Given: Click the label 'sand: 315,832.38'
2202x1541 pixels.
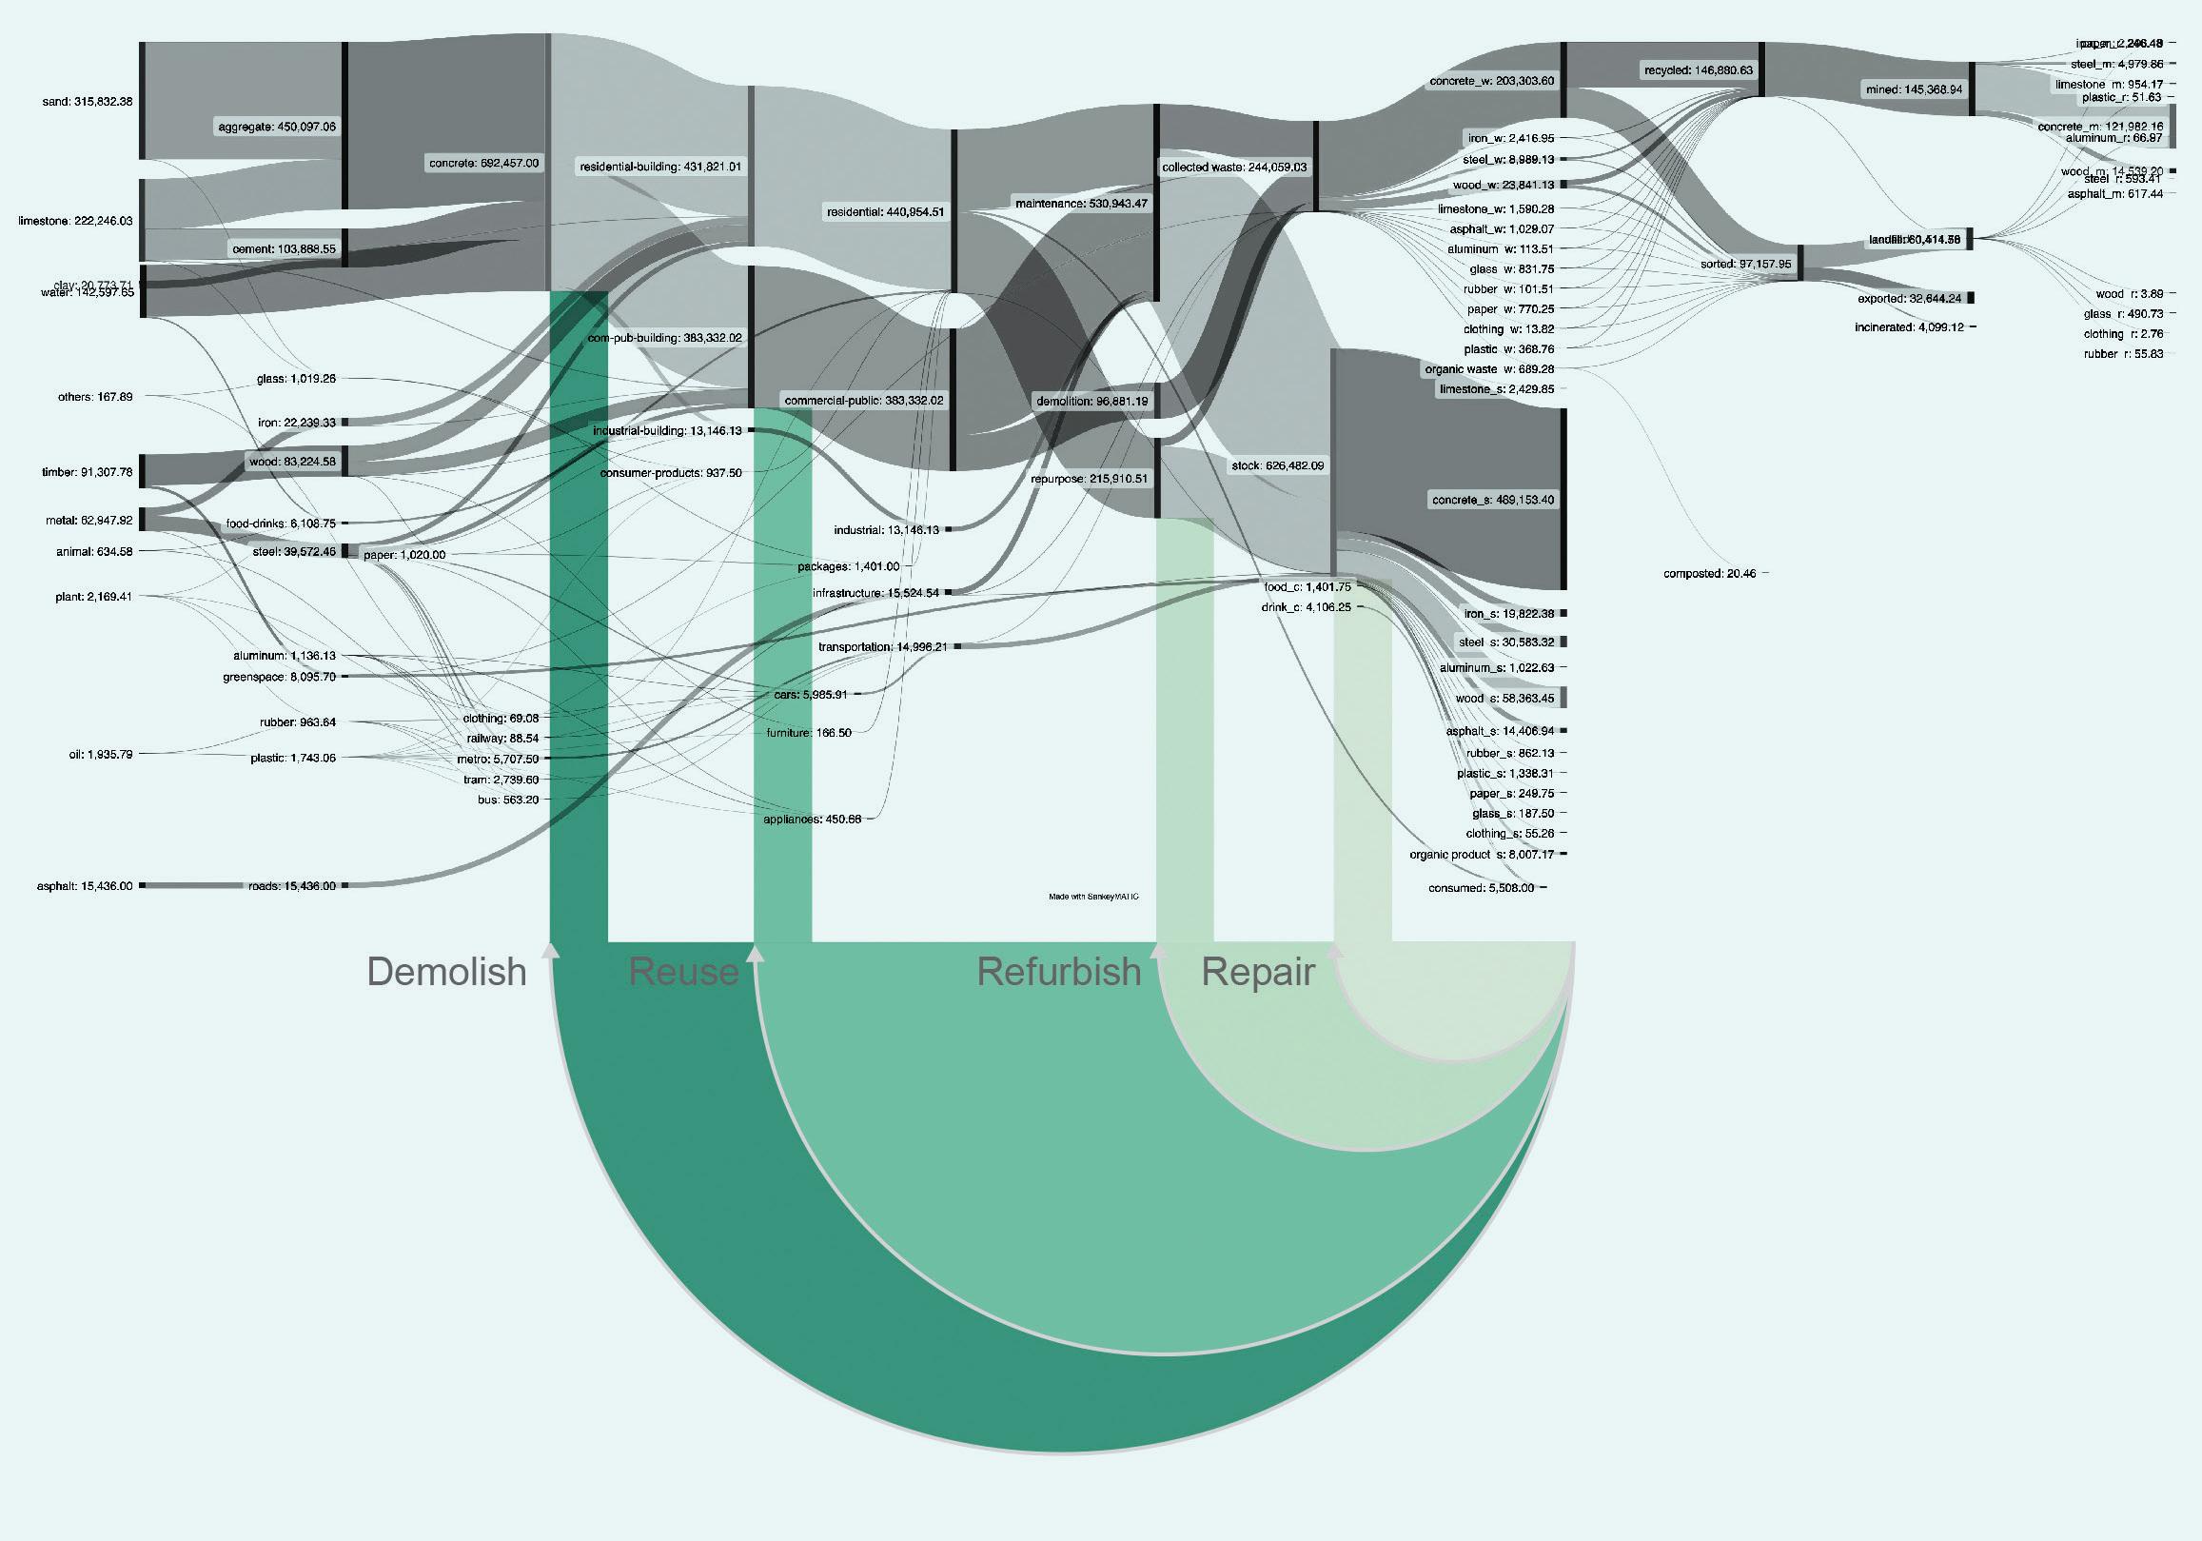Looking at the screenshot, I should pyautogui.click(x=88, y=102).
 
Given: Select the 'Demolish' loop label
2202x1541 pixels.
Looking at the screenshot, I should pyautogui.click(x=447, y=972).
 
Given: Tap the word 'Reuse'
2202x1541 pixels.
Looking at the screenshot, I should pyautogui.click(x=684, y=972).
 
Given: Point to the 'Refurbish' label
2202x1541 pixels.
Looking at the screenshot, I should pyautogui.click(x=1059, y=972).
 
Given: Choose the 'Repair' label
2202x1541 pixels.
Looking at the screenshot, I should pyautogui.click(x=1257, y=972).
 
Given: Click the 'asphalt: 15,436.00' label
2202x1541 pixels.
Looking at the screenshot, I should pyautogui.click(x=85, y=885).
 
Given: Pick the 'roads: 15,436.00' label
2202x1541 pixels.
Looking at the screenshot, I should pyautogui.click(x=292, y=885).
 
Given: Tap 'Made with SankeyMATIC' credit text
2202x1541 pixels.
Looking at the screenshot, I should pyautogui.click(x=1093, y=898).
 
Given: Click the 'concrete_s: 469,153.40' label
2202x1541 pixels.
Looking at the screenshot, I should pyautogui.click(x=1493, y=500).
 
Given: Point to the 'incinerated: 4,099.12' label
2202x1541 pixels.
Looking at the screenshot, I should pyautogui.click(x=1909, y=327).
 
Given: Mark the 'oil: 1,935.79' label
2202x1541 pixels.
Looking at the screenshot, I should pyautogui.click(x=101, y=754).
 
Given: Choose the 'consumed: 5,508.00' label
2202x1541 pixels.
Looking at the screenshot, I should pyautogui.click(x=1481, y=888).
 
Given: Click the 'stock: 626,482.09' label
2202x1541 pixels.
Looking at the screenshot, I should pyautogui.click(x=1277, y=466).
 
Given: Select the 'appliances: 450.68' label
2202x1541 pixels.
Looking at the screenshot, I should pyautogui.click(x=812, y=820).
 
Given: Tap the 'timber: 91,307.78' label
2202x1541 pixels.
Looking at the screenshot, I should pyautogui.click(x=87, y=472).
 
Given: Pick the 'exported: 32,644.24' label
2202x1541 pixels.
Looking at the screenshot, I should pyautogui.click(x=1910, y=299).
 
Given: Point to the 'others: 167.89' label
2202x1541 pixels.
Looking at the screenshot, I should pyautogui.click(x=96, y=397).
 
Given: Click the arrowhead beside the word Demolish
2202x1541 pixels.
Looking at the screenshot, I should pyautogui.click(x=550, y=950).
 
